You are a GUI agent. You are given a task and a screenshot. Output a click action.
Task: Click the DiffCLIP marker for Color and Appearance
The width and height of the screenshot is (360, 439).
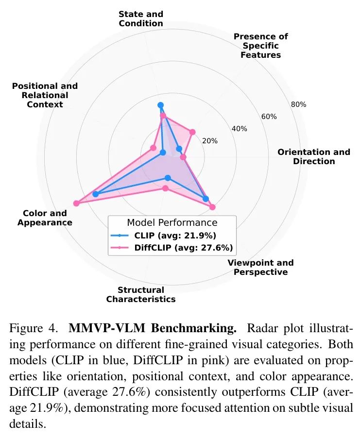[x=76, y=203]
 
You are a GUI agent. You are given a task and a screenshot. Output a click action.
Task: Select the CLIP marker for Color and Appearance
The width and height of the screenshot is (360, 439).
[x=95, y=194]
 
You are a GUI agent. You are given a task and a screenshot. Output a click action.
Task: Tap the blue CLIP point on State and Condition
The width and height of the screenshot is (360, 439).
[x=161, y=105]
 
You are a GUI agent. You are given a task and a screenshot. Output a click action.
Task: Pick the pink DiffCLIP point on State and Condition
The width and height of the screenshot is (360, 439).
[x=163, y=116]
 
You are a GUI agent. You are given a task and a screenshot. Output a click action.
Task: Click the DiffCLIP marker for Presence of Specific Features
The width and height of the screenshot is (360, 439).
[x=192, y=132]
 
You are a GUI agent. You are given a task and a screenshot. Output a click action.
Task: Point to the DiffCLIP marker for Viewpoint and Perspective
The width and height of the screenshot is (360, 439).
[x=212, y=207]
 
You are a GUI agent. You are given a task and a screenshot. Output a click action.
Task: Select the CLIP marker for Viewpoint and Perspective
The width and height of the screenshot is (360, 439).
[x=206, y=199]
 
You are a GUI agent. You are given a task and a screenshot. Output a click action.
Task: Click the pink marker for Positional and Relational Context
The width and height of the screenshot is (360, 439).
[x=153, y=148]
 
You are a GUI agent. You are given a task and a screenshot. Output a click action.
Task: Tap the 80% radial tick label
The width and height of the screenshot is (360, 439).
[x=298, y=104]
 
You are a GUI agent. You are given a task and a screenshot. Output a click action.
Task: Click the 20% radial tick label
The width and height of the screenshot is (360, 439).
[x=210, y=141]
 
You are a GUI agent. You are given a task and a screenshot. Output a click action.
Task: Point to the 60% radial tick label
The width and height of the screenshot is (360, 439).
[x=269, y=117]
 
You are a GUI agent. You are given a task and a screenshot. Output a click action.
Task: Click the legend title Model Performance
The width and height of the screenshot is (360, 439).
[x=172, y=223]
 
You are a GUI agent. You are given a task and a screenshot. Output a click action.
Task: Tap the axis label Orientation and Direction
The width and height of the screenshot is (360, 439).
[x=314, y=156]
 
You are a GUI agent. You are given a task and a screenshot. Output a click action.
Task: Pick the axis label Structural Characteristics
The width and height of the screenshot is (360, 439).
[x=141, y=294]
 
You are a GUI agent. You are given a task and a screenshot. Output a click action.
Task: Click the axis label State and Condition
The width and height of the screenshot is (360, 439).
[x=141, y=18]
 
